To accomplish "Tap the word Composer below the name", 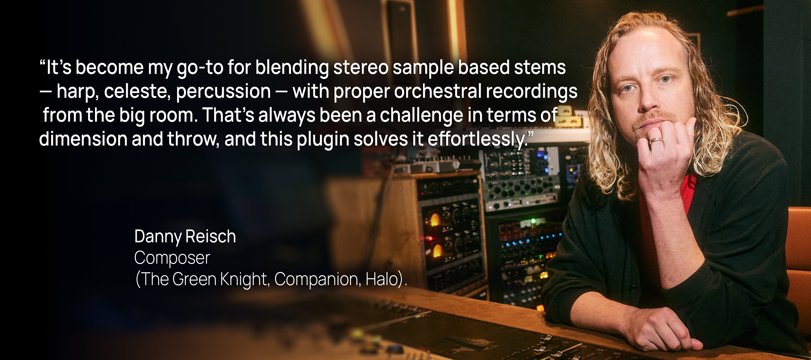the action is [x=172, y=258].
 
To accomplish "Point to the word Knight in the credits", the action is [x=244, y=279].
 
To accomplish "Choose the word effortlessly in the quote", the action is [x=477, y=140].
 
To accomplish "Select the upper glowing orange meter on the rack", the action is [x=435, y=219].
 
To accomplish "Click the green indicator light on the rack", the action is [x=533, y=221].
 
